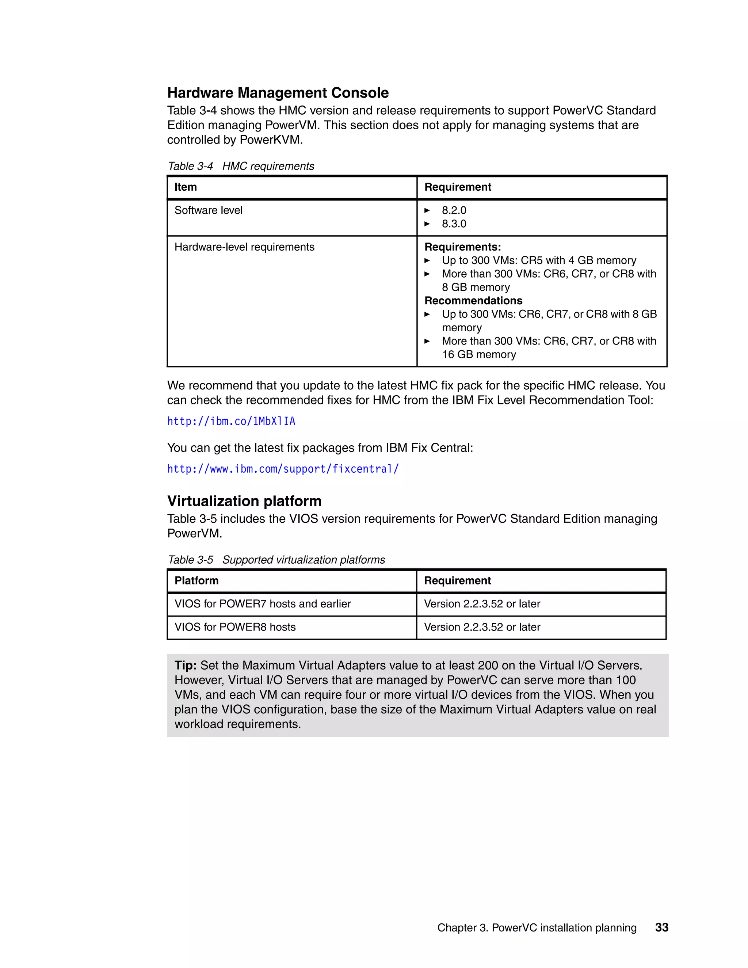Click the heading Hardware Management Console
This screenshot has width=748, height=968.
click(x=278, y=93)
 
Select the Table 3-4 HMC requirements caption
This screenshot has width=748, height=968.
click(x=241, y=166)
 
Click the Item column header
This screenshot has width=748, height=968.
click(x=186, y=187)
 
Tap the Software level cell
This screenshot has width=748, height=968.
click(x=208, y=210)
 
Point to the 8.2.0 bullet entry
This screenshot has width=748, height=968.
click(x=454, y=210)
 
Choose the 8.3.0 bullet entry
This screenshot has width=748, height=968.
click(x=454, y=224)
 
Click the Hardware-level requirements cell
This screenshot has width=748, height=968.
click(x=244, y=247)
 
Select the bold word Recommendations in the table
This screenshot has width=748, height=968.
click(x=473, y=301)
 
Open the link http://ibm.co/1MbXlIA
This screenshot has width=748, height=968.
click(x=231, y=421)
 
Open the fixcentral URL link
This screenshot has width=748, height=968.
click(x=283, y=469)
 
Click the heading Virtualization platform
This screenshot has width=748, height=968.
click(x=244, y=501)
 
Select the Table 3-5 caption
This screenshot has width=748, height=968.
click(x=276, y=560)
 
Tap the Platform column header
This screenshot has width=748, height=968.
click(x=196, y=581)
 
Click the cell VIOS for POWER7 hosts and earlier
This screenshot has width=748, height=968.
click(x=262, y=604)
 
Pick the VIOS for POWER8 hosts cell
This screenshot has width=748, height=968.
click(x=235, y=627)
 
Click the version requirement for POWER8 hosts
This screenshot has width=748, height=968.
click(x=482, y=627)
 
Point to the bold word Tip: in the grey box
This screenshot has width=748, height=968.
click(x=185, y=665)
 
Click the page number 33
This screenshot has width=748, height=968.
click(x=661, y=928)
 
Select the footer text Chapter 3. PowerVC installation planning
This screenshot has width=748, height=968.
click(x=537, y=928)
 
